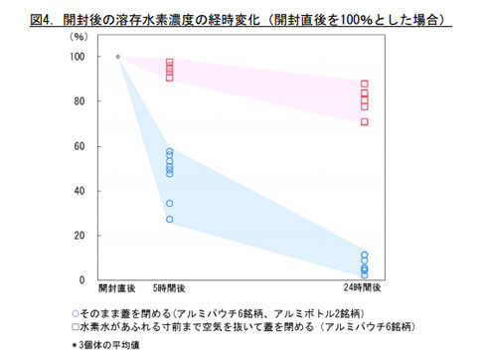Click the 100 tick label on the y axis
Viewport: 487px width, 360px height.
[x=78, y=57]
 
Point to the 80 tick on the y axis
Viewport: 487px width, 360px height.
[x=81, y=101]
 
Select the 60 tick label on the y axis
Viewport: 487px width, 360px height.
[x=81, y=146]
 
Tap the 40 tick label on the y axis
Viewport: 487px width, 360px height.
[x=81, y=191]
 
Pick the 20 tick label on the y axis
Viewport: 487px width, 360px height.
[x=81, y=236]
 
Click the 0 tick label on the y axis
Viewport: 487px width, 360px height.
[x=83, y=280]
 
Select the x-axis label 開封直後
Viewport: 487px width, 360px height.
[x=116, y=290]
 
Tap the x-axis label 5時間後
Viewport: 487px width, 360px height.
[x=170, y=290]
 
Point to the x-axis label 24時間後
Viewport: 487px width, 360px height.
[x=365, y=290]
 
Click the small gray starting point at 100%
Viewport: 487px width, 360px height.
[x=117, y=57]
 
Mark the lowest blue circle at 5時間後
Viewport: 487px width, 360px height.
[x=170, y=220]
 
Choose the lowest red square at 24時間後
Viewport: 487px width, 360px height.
[x=365, y=122]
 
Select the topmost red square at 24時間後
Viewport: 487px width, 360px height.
[x=365, y=84]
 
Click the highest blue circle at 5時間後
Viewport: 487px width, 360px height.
[x=170, y=151]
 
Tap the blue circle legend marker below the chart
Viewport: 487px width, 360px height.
[x=77, y=311]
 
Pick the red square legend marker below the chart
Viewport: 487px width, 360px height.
[x=77, y=325]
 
